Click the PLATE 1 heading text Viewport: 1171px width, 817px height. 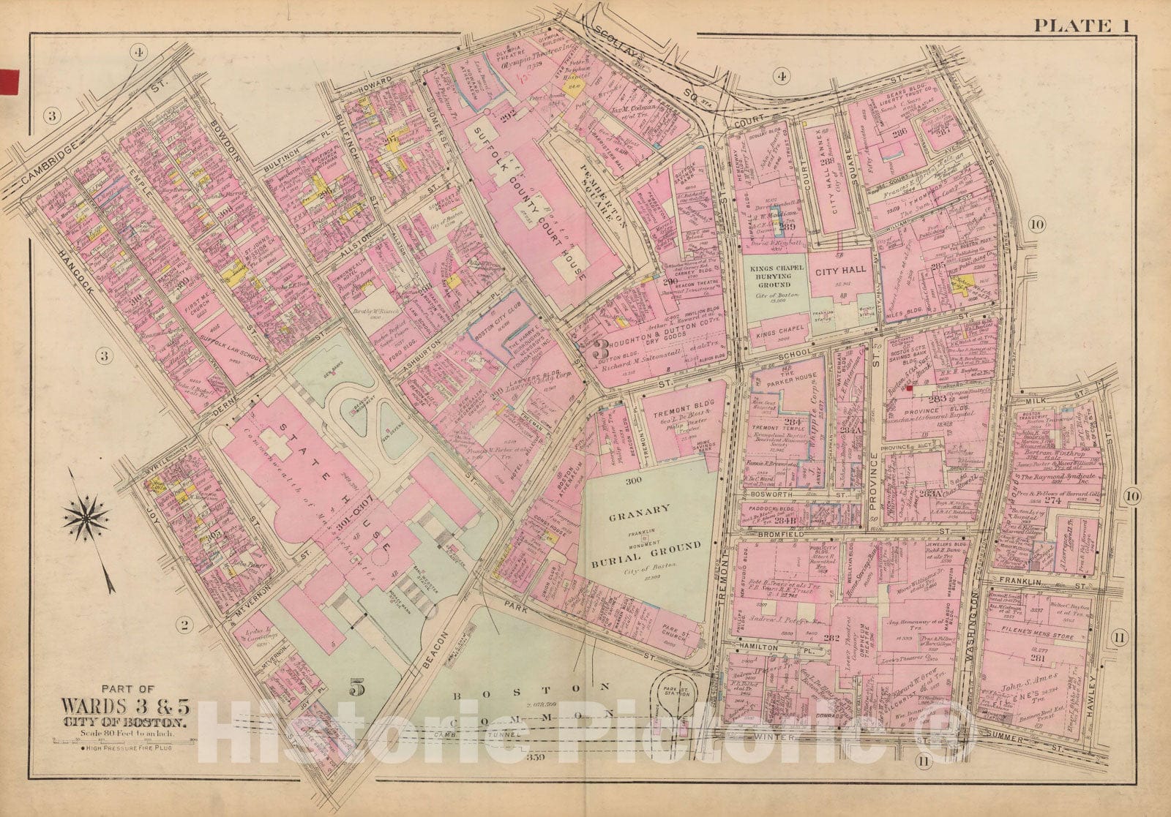(1081, 26)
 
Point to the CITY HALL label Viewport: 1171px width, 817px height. (839, 269)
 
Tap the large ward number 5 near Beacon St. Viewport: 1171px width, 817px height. (356, 688)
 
